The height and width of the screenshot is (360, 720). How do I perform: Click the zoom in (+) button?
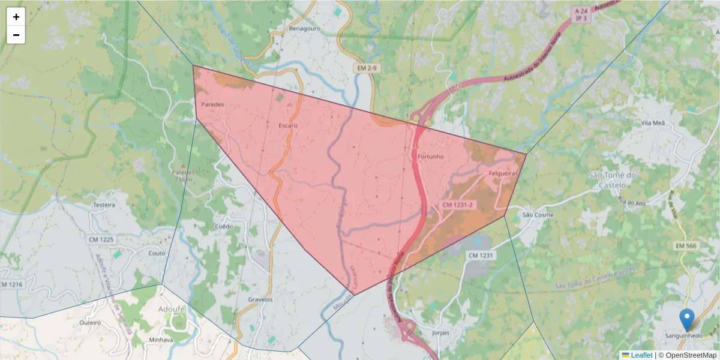(16, 17)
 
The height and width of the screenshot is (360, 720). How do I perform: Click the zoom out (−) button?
(16, 35)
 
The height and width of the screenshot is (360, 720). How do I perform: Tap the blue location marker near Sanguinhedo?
(686, 320)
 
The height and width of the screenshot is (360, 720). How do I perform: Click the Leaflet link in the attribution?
(641, 355)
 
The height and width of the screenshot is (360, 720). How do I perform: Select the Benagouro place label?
(304, 28)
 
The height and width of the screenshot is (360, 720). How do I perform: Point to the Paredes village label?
(212, 104)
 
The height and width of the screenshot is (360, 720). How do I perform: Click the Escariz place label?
(288, 125)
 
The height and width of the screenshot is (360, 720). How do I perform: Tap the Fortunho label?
(430, 157)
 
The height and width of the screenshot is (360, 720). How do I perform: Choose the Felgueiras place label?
(503, 173)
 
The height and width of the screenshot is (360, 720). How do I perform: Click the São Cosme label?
(538, 215)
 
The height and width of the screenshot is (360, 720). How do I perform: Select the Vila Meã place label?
(653, 122)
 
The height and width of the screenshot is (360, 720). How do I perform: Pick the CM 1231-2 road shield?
(458, 205)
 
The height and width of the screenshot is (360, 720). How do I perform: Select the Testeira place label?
(103, 205)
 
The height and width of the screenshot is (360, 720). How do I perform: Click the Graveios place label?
(260, 299)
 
